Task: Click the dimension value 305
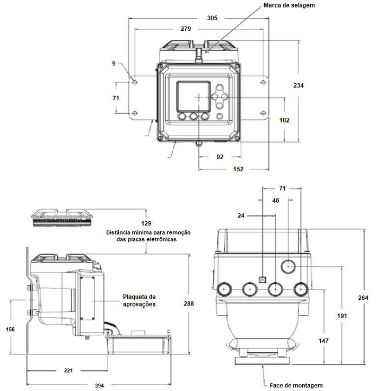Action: (212, 18)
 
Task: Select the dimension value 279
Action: (186, 29)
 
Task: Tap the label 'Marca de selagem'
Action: (289, 5)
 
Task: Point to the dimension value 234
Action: (299, 85)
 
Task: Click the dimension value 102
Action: (284, 120)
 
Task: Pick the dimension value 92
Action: (220, 157)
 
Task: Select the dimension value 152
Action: (238, 169)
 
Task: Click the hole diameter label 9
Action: (113, 64)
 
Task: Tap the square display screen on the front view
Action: (194, 97)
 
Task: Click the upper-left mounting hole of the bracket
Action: (135, 82)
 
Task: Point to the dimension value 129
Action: (146, 223)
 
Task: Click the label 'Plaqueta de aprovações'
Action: (139, 300)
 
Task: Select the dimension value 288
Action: (189, 303)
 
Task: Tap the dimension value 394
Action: (99, 386)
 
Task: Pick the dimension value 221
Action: (68, 370)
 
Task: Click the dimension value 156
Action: (10, 329)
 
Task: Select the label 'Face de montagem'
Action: (296, 386)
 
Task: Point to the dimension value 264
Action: (363, 298)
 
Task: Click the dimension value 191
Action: (342, 316)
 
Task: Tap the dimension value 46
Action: (276, 201)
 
